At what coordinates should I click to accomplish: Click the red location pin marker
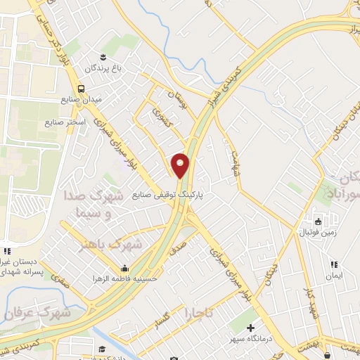pos(181,166)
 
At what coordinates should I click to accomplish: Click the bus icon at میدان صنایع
pos(82,89)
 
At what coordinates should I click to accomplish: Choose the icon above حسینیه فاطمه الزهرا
pos(125,268)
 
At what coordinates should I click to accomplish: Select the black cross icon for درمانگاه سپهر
pos(252,328)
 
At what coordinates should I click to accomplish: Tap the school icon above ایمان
pos(335,264)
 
